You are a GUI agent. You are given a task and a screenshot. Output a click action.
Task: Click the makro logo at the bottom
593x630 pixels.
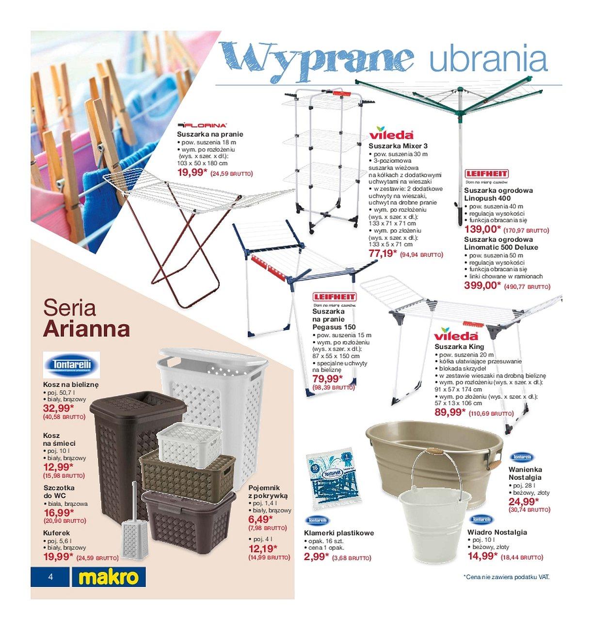point(109,577)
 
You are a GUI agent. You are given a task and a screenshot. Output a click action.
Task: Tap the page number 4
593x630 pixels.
point(50,577)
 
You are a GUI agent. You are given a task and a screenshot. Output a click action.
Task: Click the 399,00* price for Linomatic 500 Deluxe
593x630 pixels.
point(482,285)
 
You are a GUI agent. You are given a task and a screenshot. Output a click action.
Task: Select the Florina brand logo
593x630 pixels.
point(202,125)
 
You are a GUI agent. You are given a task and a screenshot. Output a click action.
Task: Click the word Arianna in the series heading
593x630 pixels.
point(87,329)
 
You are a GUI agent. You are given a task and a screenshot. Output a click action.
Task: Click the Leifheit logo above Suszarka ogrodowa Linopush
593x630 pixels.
point(486,173)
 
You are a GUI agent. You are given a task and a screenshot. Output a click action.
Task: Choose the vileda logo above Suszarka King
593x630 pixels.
point(456,335)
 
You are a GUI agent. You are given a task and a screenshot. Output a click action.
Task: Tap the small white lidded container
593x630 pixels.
point(188,444)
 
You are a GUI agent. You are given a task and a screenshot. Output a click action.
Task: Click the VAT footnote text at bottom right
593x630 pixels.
point(506,577)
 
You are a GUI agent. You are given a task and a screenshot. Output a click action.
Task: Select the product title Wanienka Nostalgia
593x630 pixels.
point(525,473)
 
